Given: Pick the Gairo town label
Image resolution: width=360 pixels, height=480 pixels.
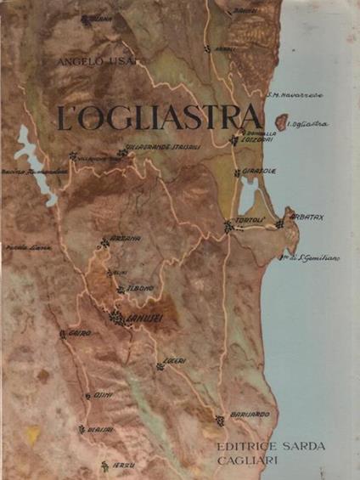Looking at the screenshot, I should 78,333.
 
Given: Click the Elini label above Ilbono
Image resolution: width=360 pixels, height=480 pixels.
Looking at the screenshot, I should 121,273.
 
